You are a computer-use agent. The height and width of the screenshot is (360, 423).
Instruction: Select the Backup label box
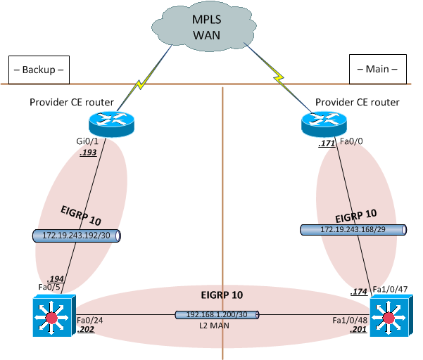pyautogui.click(x=39, y=70)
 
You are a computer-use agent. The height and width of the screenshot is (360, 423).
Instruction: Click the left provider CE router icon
pyautogui.click(x=111, y=124)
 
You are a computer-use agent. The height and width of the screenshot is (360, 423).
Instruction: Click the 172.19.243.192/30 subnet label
pyautogui.click(x=77, y=236)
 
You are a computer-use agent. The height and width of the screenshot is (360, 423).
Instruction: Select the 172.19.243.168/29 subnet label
pyautogui.click(x=353, y=230)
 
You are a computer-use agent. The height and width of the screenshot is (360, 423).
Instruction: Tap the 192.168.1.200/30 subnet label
pyautogui.click(x=216, y=316)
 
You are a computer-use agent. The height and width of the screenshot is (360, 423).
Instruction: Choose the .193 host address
pyautogui.click(x=88, y=153)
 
